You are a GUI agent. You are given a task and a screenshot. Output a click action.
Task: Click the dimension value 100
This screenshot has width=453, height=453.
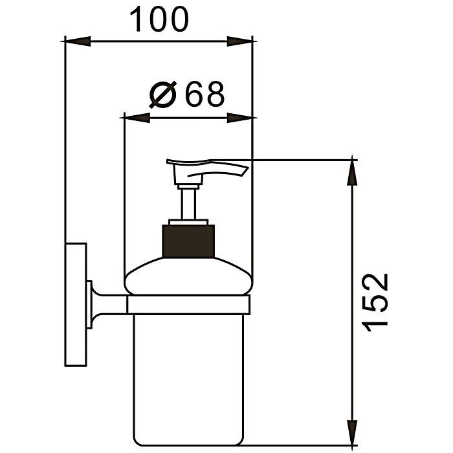tap(159, 20)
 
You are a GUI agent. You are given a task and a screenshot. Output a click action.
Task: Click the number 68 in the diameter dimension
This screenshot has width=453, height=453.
tap(204, 95)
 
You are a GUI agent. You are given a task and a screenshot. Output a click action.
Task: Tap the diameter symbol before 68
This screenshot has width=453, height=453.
tap(162, 96)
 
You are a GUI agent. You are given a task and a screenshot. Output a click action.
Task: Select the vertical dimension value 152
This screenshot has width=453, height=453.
tap(376, 302)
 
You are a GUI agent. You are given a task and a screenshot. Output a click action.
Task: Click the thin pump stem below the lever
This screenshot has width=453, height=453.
tap(188, 203)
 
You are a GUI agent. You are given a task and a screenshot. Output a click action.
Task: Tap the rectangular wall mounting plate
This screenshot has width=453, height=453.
tap(76, 304)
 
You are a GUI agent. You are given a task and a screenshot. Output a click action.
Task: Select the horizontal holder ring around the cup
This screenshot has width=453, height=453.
tap(188, 305)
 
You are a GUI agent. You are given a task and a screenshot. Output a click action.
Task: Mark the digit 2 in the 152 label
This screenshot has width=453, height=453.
tap(376, 283)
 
